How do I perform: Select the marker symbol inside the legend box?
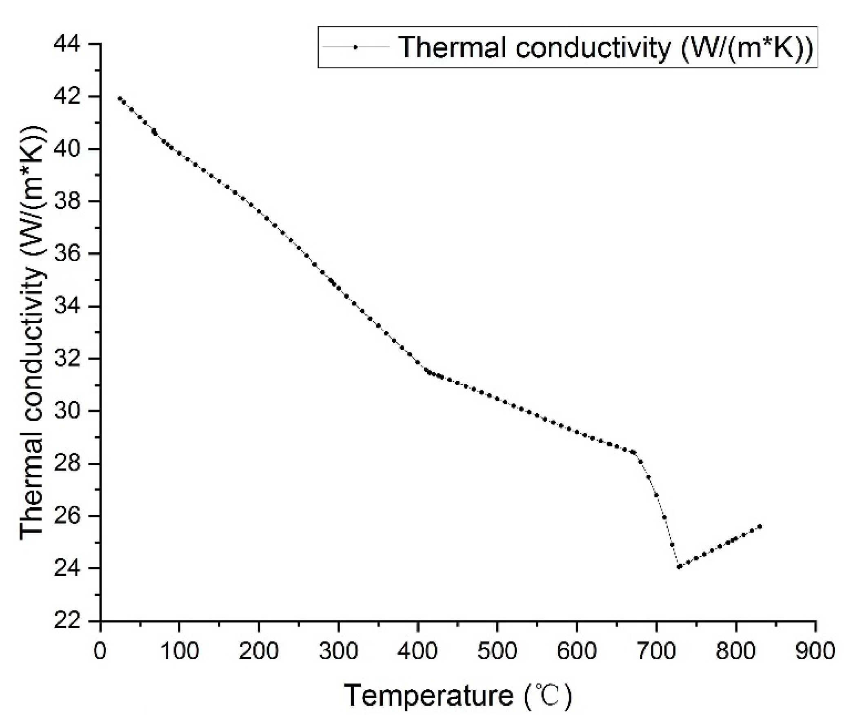coord(355,47)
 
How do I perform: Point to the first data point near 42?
coord(120,98)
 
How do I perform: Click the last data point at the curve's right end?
coord(760,527)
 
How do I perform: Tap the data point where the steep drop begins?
coord(634,452)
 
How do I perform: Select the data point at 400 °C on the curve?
coord(418,362)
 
